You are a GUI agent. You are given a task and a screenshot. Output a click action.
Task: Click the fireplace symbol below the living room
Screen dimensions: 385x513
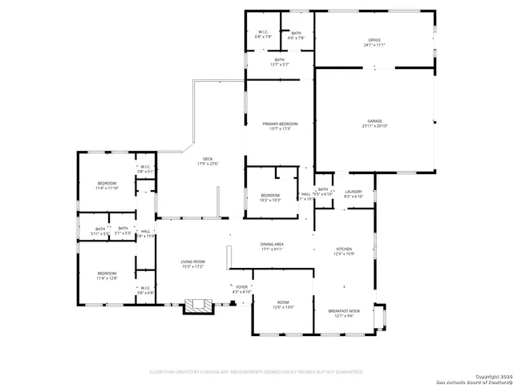click(x=196, y=306)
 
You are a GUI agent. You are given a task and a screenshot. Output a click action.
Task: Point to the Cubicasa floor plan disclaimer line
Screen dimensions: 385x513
click(x=256, y=371)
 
